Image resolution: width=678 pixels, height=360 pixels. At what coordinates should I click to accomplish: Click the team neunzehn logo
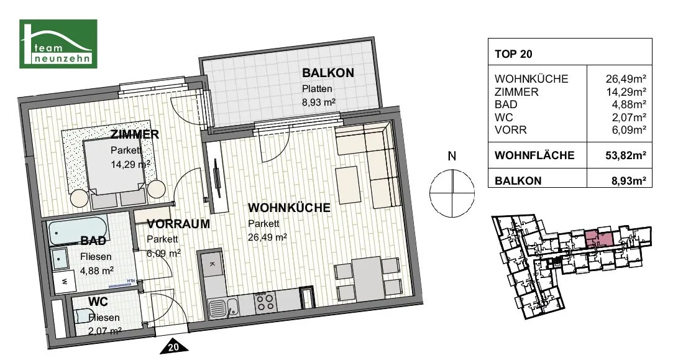(58, 44)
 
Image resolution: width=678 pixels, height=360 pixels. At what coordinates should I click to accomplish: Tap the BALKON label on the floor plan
(328, 73)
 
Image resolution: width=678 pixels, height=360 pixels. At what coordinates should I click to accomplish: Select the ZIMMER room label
(135, 134)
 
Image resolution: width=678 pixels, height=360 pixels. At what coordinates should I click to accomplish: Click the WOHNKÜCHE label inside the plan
(289, 207)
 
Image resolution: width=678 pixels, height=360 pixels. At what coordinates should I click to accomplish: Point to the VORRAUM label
(178, 224)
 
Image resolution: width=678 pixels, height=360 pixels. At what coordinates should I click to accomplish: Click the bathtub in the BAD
(78, 233)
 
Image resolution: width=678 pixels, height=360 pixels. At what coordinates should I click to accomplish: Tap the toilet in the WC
(84, 316)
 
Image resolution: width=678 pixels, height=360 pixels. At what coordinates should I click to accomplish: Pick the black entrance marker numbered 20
(173, 346)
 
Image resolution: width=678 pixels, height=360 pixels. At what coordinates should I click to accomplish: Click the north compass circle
(452, 193)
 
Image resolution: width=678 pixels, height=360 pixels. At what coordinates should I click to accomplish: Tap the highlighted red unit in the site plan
(599, 238)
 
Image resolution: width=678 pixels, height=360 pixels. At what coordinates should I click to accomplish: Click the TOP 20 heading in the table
(513, 54)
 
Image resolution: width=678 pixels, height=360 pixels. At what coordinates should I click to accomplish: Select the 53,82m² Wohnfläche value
(626, 155)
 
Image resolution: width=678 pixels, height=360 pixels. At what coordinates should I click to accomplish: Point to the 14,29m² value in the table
(626, 92)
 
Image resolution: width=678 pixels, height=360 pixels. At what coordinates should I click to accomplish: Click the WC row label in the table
(504, 118)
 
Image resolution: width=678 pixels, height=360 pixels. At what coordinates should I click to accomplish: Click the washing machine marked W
(64, 281)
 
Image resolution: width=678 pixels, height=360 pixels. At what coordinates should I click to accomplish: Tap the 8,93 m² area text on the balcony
(319, 103)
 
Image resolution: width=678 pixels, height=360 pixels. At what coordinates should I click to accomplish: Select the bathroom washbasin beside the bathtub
(59, 259)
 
